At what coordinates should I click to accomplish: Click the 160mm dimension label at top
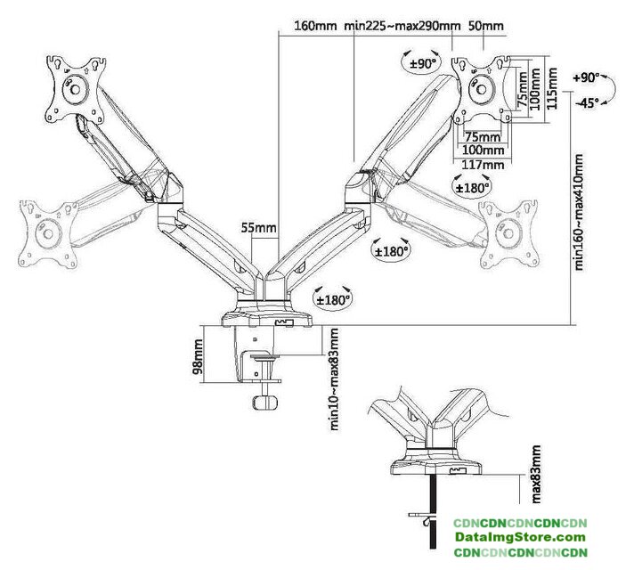click(315, 26)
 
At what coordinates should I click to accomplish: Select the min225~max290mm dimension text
click(402, 26)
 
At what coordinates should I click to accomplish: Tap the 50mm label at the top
click(486, 26)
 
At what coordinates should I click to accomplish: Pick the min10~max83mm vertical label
click(334, 379)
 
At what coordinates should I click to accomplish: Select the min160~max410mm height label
click(579, 212)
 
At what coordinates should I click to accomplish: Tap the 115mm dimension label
click(551, 88)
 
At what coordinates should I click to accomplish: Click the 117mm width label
click(483, 165)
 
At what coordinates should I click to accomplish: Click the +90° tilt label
click(586, 77)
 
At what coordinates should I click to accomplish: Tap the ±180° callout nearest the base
click(333, 300)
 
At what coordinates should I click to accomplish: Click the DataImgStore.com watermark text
click(520, 537)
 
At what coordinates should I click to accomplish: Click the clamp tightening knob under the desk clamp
click(265, 403)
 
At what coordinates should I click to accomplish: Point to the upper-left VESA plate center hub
click(75, 88)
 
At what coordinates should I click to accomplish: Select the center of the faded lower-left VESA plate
click(48, 233)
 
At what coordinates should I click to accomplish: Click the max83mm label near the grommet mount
click(536, 474)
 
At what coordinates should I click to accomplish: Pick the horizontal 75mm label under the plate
click(483, 137)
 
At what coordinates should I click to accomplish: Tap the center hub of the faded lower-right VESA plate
click(508, 234)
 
